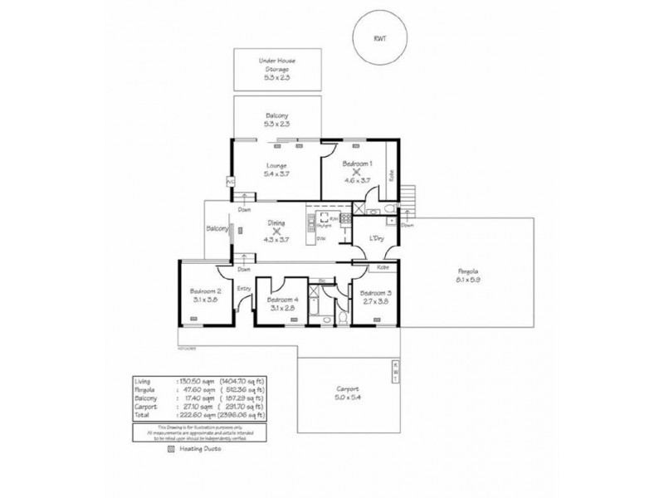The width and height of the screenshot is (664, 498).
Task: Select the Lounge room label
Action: click(x=276, y=164)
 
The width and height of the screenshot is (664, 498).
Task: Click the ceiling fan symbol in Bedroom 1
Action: click(x=356, y=173)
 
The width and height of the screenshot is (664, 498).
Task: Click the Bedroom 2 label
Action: click(x=205, y=291)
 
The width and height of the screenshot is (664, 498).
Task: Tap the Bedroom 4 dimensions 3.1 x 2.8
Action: click(x=282, y=308)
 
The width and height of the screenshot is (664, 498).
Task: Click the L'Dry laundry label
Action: click(x=375, y=241)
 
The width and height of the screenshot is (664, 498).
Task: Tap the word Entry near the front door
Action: click(x=244, y=288)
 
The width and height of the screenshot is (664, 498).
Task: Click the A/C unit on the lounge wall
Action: click(x=230, y=181)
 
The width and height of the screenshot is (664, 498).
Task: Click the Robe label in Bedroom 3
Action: click(x=383, y=269)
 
